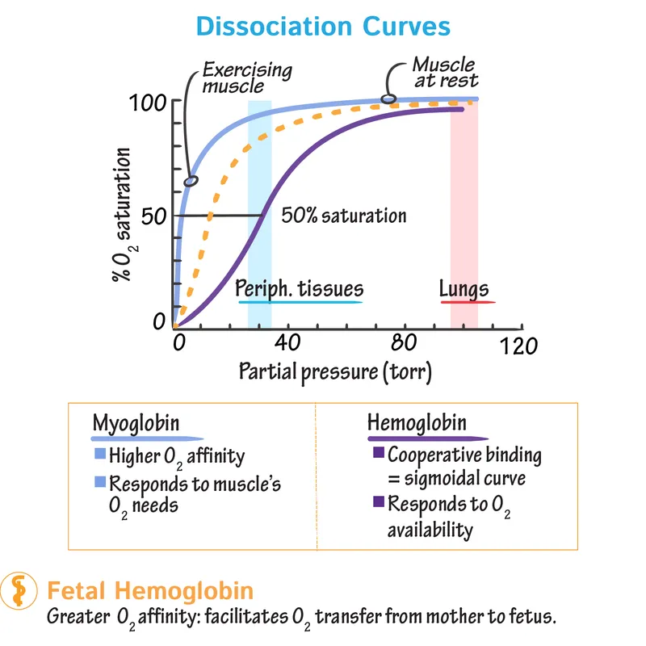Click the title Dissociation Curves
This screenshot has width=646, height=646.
click(x=322, y=26)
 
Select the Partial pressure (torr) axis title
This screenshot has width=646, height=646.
click(x=335, y=373)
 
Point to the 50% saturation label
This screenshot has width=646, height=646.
click(x=343, y=216)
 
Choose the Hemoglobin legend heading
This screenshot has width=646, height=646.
click(x=417, y=422)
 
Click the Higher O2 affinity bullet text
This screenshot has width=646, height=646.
click(x=176, y=456)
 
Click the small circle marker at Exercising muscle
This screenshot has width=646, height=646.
click(x=191, y=181)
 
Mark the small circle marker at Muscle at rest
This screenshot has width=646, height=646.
click(x=388, y=99)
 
